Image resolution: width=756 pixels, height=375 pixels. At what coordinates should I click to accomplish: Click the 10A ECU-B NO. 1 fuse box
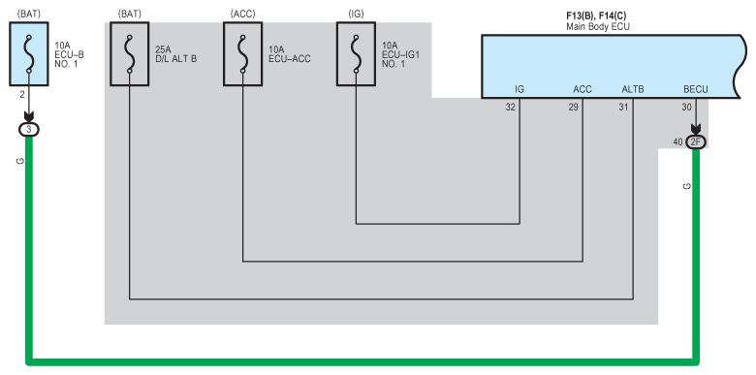[x=29, y=54]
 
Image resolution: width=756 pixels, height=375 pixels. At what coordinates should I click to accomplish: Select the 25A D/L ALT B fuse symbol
[x=129, y=54]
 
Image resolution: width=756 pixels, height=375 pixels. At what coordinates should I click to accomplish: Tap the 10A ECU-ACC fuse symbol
[x=242, y=54]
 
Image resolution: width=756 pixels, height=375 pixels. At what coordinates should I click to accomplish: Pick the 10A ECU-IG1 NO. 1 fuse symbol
[x=356, y=54]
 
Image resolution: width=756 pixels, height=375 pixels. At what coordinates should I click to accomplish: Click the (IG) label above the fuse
[x=356, y=14]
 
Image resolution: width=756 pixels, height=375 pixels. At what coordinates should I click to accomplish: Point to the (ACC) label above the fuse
[x=242, y=14]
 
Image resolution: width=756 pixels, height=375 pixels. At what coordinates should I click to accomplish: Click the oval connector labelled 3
[x=28, y=129]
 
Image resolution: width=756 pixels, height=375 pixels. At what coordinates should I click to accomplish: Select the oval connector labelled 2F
[x=696, y=142]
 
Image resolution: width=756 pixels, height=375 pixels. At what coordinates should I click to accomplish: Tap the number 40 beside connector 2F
[x=677, y=142]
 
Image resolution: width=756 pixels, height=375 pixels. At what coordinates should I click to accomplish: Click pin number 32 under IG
[x=510, y=108]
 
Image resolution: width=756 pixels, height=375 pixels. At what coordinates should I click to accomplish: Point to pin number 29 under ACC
[x=573, y=108]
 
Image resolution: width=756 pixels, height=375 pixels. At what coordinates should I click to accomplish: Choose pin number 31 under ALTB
[x=623, y=108]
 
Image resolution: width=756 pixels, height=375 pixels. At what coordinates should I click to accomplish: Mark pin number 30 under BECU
[x=686, y=108]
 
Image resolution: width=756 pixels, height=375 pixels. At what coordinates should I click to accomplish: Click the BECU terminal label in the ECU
[x=696, y=90]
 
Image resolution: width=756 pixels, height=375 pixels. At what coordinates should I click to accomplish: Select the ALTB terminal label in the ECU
[x=633, y=90]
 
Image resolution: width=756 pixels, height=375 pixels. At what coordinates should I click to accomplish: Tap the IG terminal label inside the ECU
[x=520, y=90]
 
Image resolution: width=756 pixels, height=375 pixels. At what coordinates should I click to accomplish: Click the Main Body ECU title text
[x=598, y=27]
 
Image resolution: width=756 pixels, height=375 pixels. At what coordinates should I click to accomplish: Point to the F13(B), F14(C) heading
[x=596, y=16]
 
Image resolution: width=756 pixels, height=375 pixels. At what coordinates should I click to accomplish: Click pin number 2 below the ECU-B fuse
[x=22, y=95]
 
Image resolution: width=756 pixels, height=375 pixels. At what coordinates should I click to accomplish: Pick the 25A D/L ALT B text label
[x=176, y=54]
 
